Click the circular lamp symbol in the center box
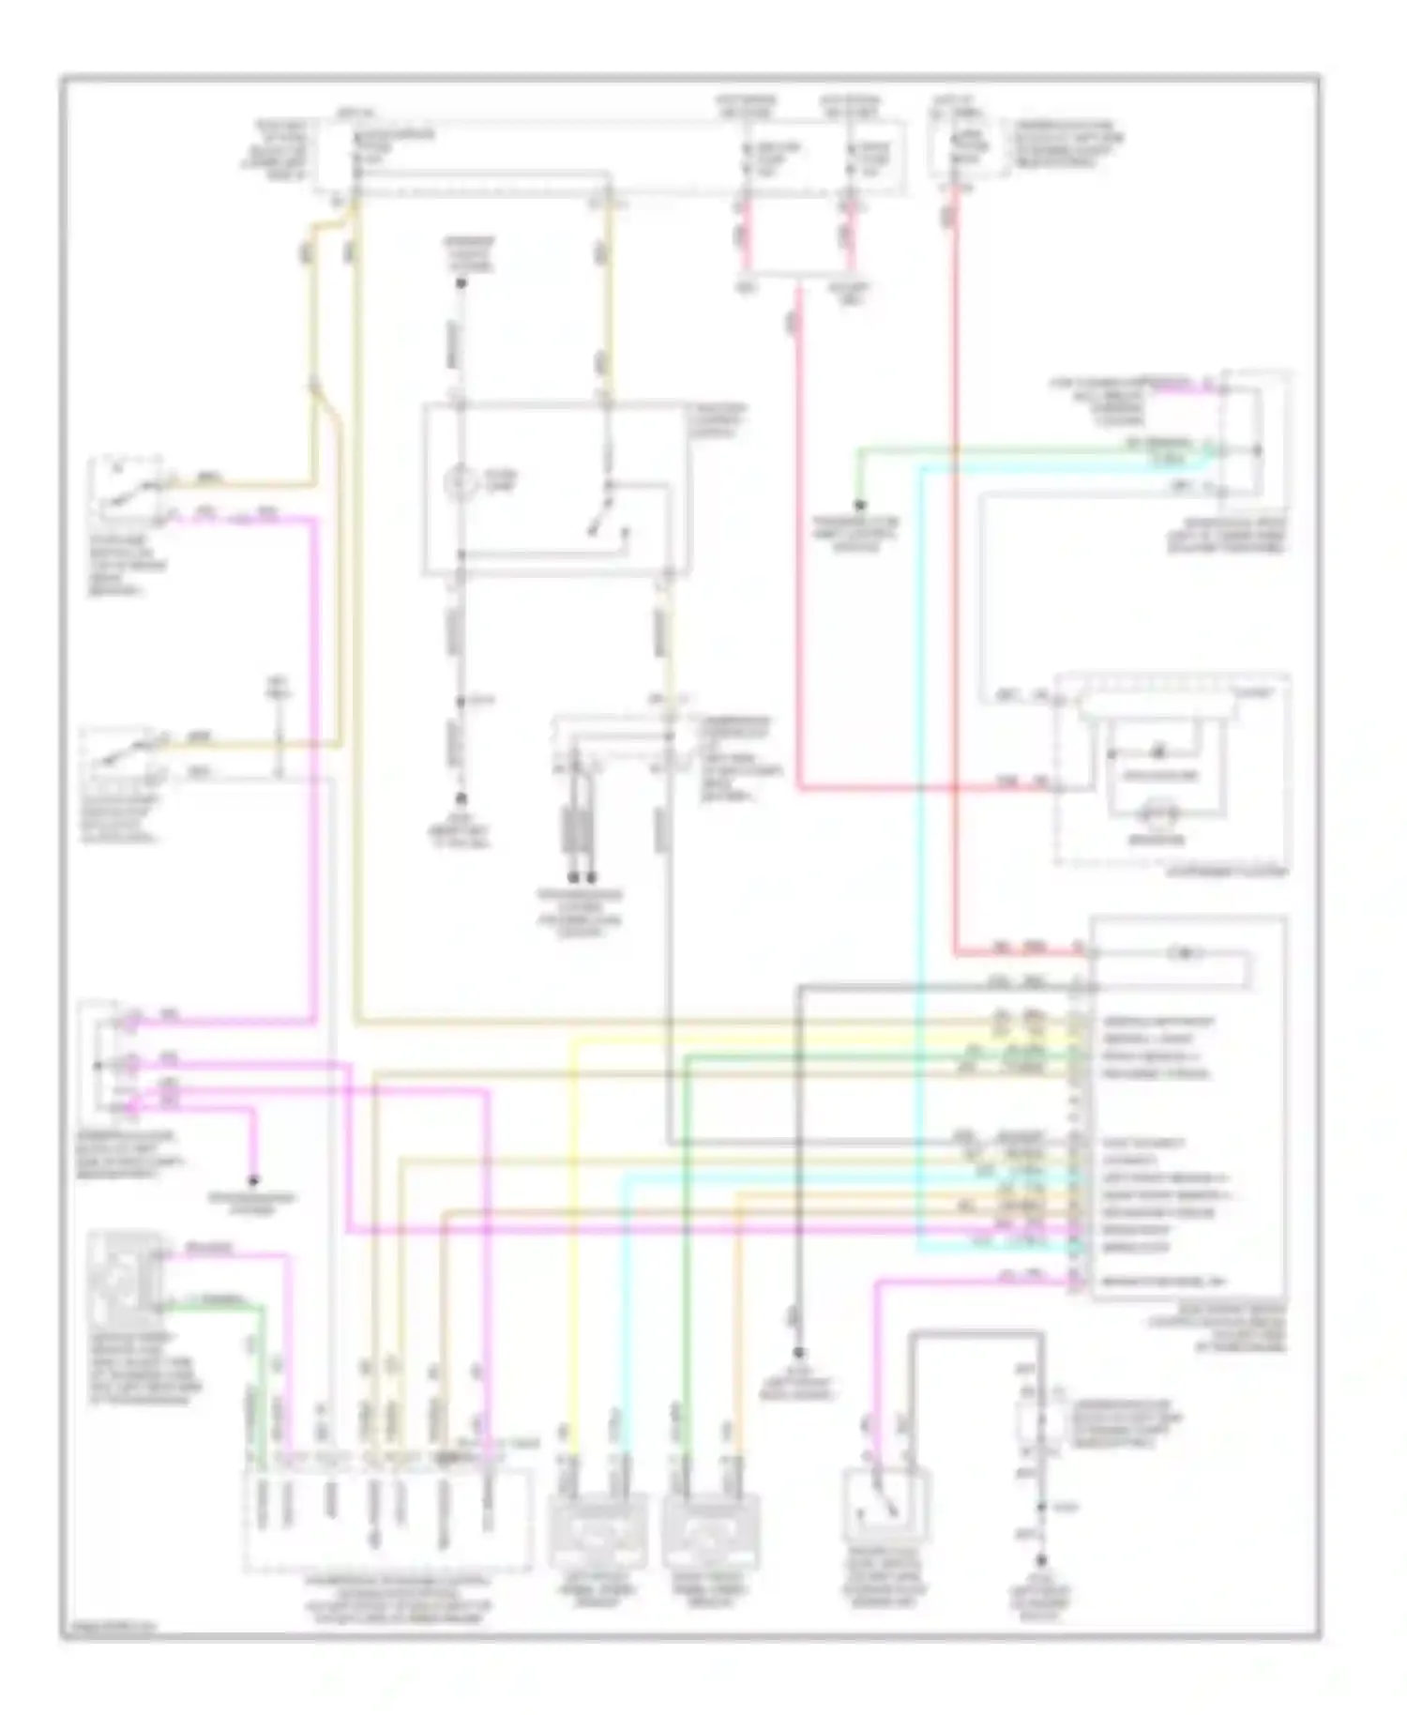point(459,483)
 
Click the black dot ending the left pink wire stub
point(253,1180)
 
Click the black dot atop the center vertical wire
point(461,281)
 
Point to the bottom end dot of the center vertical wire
point(461,800)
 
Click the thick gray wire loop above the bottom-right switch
point(976,1332)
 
